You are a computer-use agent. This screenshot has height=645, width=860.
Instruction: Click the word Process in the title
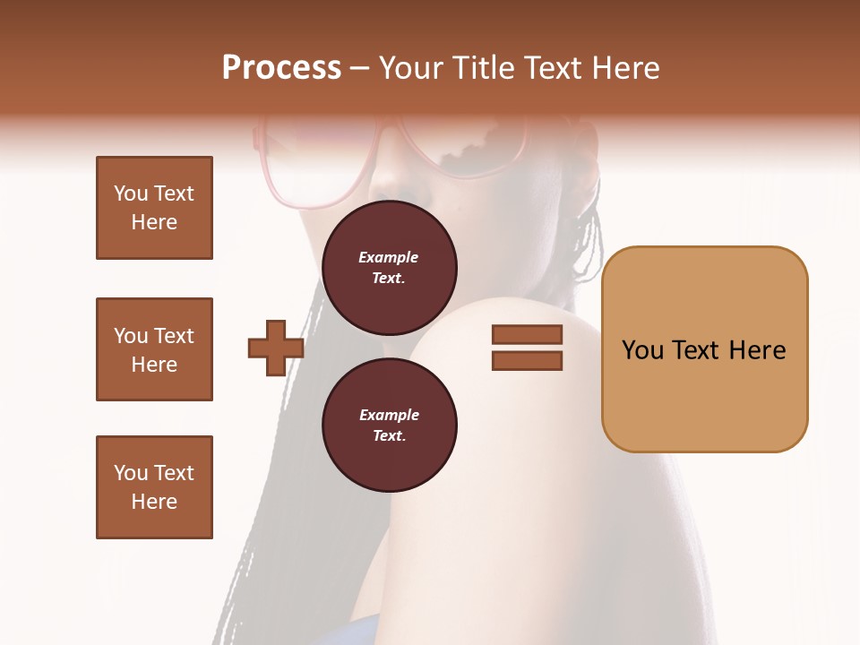coord(281,68)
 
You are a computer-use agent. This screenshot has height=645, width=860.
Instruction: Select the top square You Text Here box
coord(154,208)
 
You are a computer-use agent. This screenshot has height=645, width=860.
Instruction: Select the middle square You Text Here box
coord(154,349)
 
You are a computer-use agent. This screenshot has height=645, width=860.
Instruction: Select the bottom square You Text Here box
coord(154,487)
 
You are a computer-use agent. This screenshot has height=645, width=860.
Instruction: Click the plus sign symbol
coord(276,348)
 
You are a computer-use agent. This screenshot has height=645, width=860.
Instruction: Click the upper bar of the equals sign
coord(527,335)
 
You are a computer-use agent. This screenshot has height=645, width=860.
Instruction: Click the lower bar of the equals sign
coord(527,361)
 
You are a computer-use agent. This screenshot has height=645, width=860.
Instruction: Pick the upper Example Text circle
coord(389,267)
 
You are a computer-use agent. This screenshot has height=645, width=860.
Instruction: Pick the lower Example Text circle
coord(389,425)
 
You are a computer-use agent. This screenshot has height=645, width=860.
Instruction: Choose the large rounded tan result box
coord(704,349)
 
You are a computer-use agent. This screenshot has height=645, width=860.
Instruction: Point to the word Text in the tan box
coord(695,350)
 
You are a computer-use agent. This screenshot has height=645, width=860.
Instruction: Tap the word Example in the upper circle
coord(389,257)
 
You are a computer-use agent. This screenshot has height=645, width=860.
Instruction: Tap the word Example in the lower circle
coord(389,415)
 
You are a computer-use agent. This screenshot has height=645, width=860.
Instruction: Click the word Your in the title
coord(411,68)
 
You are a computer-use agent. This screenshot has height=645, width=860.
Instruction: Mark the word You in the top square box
coord(130,193)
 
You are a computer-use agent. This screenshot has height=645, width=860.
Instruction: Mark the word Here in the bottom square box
coord(154,502)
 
